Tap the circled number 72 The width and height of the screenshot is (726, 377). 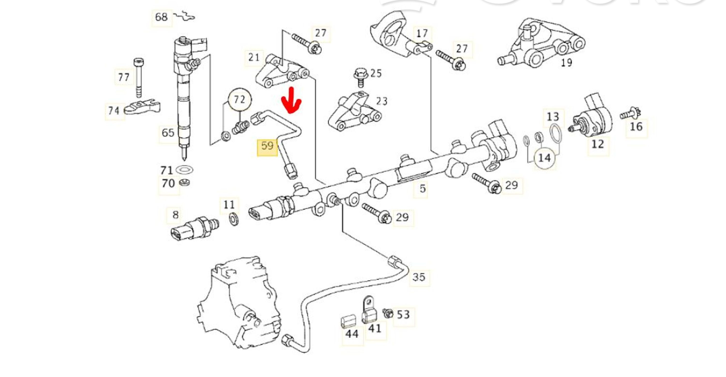click(x=240, y=100)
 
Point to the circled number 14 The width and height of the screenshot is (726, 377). click(x=544, y=158)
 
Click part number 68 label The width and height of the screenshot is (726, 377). click(x=161, y=17)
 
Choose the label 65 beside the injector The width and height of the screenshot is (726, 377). click(x=168, y=133)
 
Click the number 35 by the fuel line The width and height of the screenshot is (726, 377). click(x=419, y=277)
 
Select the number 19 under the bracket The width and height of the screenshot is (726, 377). click(x=567, y=63)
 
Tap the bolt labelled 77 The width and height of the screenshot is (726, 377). click(x=138, y=77)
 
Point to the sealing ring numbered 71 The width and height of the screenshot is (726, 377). click(x=184, y=170)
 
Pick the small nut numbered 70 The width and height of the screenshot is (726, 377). click(x=184, y=183)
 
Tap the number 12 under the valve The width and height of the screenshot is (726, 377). click(x=597, y=144)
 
